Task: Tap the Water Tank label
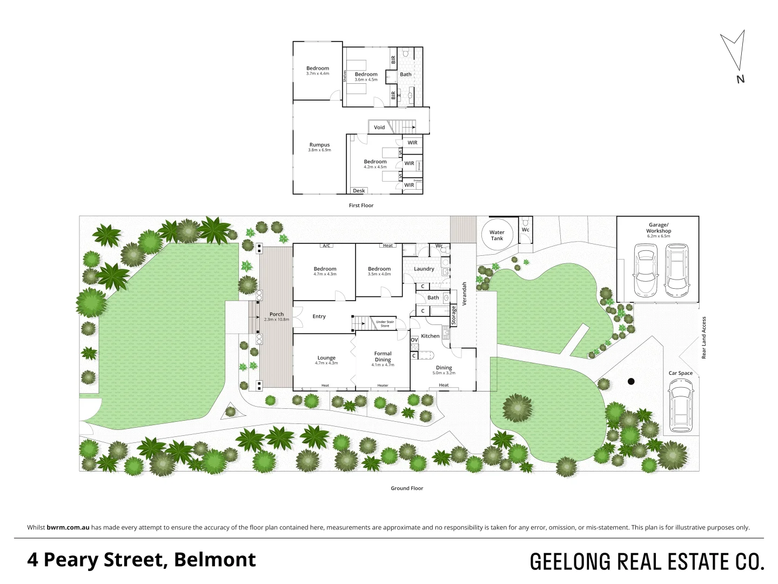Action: [497, 235]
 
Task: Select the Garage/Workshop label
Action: [659, 228]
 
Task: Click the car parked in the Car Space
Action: [680, 406]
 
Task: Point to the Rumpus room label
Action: [319, 145]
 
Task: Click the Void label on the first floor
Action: [379, 128]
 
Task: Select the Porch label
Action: [277, 314]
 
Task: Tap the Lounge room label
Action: [326, 358]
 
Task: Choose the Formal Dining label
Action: [383, 356]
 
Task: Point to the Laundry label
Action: [424, 269]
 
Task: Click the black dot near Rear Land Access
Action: [631, 381]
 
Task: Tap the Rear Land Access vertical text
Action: [703, 337]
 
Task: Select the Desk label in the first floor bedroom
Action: [359, 191]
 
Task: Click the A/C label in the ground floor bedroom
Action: [326, 245]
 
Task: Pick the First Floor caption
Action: [361, 205]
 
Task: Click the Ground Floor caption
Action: [407, 488]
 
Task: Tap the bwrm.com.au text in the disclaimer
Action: [68, 527]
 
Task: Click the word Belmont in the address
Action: [215, 560]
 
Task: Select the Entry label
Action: [319, 316]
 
